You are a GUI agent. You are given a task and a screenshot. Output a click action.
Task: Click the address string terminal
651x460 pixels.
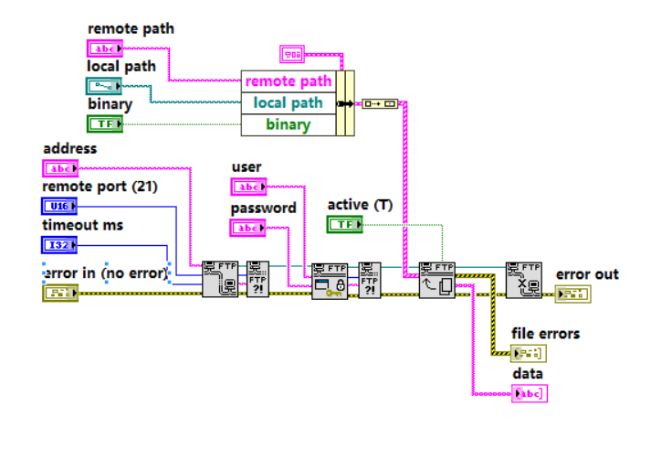(x=60, y=168)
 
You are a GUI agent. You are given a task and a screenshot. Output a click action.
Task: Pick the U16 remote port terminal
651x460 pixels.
(x=60, y=206)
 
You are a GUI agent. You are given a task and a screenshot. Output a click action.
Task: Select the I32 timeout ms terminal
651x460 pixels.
(x=60, y=244)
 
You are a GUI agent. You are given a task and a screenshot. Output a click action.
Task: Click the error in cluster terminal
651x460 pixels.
(x=60, y=293)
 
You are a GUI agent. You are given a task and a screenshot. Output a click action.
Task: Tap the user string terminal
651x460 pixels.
(x=247, y=187)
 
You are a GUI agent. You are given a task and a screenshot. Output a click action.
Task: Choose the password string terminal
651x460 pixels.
(x=247, y=228)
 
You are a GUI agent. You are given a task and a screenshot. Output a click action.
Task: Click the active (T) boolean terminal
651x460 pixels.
(x=344, y=224)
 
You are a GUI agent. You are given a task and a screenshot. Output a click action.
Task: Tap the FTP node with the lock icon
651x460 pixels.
(x=330, y=280)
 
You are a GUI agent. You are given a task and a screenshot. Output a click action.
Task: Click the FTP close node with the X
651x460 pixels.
(x=523, y=280)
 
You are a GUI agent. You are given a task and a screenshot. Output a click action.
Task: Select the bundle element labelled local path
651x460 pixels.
(x=288, y=103)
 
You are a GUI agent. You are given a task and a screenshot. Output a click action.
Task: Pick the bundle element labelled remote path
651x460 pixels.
(x=288, y=81)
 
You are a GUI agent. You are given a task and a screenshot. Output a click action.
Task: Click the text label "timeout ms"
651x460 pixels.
(x=83, y=225)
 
